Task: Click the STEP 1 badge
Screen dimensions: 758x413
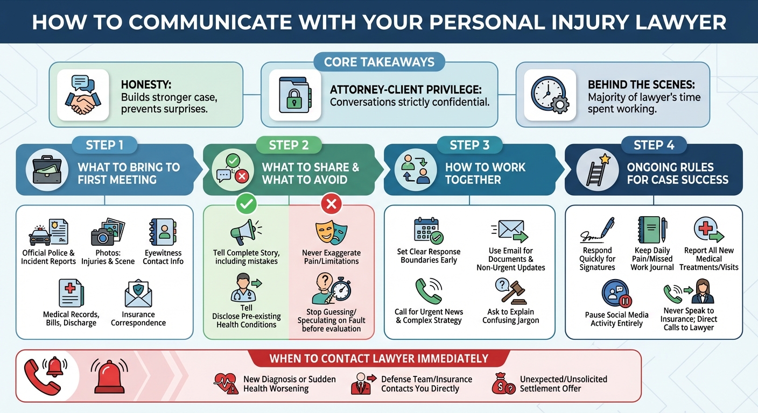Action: (x=104, y=145)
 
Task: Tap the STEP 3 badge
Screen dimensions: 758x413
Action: (x=470, y=145)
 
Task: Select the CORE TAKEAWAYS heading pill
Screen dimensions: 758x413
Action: (x=379, y=62)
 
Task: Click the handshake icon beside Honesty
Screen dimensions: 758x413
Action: (x=83, y=96)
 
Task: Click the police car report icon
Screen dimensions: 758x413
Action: (x=48, y=233)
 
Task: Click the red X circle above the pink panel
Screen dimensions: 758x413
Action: (x=332, y=204)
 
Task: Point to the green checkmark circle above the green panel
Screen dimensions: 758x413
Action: (x=247, y=204)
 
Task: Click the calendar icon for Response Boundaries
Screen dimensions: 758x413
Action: (x=429, y=230)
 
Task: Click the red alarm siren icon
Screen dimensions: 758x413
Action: (x=110, y=375)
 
